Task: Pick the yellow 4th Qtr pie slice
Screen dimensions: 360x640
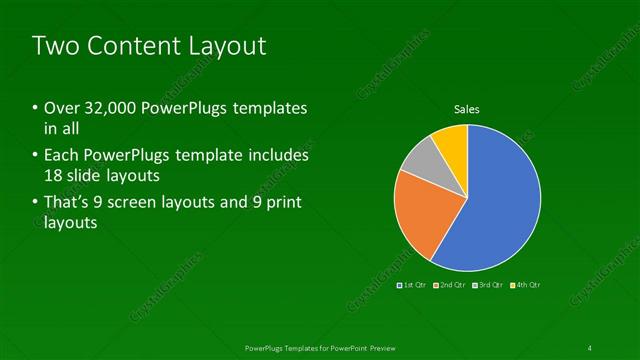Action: click(x=452, y=145)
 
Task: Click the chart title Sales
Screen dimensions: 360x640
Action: click(x=467, y=109)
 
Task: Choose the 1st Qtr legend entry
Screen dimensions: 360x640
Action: click(x=411, y=285)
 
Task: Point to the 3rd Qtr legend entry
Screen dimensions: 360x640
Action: click(x=488, y=285)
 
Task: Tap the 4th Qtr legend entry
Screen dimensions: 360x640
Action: click(x=525, y=285)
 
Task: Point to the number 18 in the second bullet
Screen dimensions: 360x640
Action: click(x=55, y=175)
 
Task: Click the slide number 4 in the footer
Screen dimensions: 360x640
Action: click(x=589, y=347)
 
